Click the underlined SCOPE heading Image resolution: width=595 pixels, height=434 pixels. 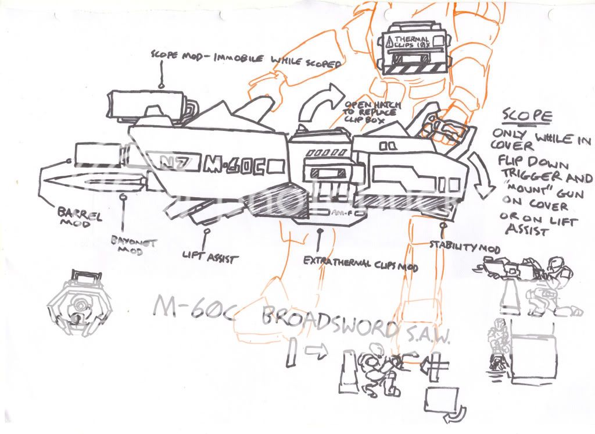coord(526,116)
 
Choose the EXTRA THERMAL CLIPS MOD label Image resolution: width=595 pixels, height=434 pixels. coord(353,265)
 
